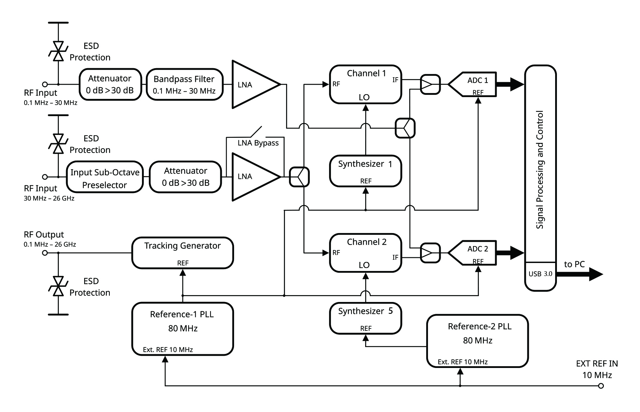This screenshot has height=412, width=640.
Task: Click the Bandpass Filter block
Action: tap(184, 84)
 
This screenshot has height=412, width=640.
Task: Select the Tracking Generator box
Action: tap(182, 253)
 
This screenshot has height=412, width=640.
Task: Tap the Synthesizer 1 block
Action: tap(366, 171)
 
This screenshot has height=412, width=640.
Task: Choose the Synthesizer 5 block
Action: tap(366, 318)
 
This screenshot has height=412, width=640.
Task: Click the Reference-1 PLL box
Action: tap(182, 329)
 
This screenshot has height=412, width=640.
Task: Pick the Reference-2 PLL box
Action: tap(477, 341)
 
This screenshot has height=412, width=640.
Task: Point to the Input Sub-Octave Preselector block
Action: tap(105, 177)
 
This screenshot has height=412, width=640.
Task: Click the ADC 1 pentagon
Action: tap(473, 84)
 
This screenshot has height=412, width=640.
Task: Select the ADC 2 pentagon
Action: tap(473, 253)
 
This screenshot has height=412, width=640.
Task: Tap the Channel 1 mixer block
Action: tap(366, 84)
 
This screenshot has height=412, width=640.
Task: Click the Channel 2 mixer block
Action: tap(366, 253)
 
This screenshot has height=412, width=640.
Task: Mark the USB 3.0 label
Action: tap(540, 274)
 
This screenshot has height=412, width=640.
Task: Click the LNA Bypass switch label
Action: tap(258, 143)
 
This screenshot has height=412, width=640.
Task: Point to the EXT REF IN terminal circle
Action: tap(601, 386)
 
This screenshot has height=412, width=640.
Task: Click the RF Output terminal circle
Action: tap(45, 253)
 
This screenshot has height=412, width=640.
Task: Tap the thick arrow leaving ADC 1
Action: tap(510, 84)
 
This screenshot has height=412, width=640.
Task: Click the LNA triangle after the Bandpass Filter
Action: tap(253, 84)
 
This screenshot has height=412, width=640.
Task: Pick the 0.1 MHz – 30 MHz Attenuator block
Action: tap(110, 84)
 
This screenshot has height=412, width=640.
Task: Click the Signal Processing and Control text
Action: tap(540, 170)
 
